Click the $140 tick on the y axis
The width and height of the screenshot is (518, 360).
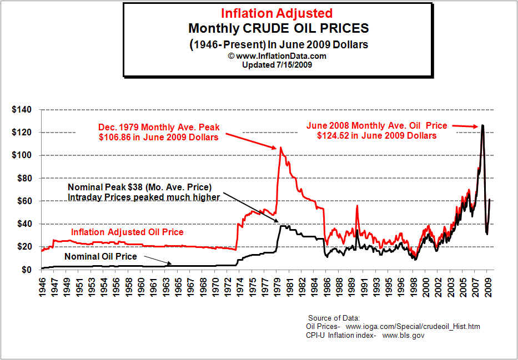pos(22,109)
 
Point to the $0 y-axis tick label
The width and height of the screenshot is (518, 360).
pos(27,270)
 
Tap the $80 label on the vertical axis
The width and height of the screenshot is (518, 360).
pos(24,178)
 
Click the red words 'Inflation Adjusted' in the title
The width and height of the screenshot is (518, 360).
pos(277,13)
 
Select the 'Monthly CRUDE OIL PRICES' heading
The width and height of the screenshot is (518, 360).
pos(278,28)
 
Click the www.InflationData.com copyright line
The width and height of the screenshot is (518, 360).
pos(277,56)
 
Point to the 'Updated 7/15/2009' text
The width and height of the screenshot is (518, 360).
pos(277,65)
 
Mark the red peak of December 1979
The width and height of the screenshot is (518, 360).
pos(280,148)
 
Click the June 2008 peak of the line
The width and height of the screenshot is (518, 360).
pos(482,125)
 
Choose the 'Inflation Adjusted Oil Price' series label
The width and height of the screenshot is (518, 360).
pos(127,232)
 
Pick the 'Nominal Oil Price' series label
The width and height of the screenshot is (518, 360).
pos(100,256)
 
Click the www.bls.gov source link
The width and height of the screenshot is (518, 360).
pos(404,336)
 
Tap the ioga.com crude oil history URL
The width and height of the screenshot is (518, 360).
pos(413,327)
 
